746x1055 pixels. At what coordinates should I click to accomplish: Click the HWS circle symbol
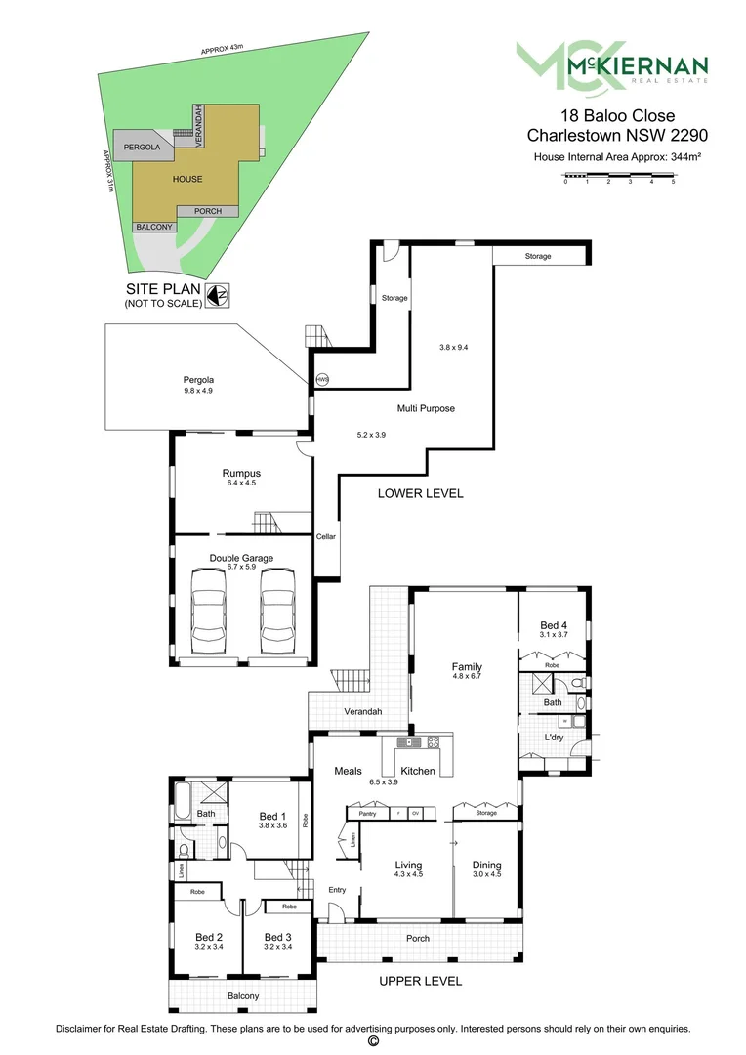tap(322, 379)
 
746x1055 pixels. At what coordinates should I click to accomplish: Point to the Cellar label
tap(325, 537)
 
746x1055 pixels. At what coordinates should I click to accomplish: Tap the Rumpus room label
tap(241, 473)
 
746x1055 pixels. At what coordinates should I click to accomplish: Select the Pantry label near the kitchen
tap(368, 813)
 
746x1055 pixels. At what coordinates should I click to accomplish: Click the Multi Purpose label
tap(426, 408)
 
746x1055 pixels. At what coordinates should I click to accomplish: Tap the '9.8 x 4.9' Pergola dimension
tap(197, 391)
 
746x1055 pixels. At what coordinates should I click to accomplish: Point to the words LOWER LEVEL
tap(420, 493)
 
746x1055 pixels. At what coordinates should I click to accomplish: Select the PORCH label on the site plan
tap(207, 211)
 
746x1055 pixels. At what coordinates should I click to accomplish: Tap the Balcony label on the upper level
tap(243, 996)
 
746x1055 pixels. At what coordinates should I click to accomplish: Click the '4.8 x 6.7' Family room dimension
tap(467, 676)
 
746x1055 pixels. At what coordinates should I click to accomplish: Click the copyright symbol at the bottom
tap(372, 1042)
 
